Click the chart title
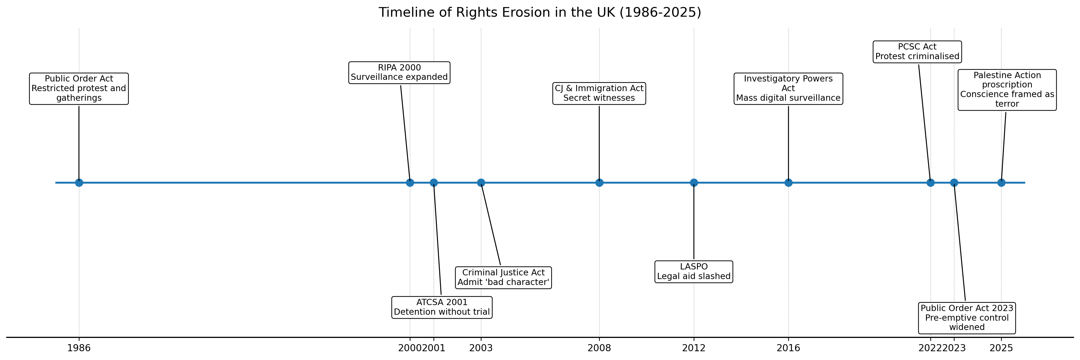540,12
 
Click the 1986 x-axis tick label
79,348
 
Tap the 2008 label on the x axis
599,348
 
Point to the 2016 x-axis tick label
788,348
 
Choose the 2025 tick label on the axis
1001,348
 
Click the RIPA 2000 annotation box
399,72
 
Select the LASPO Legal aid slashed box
694,272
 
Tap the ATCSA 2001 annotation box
442,307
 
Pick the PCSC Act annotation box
917,52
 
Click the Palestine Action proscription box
1007,90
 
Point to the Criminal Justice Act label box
504,277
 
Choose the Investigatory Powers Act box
788,88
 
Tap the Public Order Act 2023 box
967,318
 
